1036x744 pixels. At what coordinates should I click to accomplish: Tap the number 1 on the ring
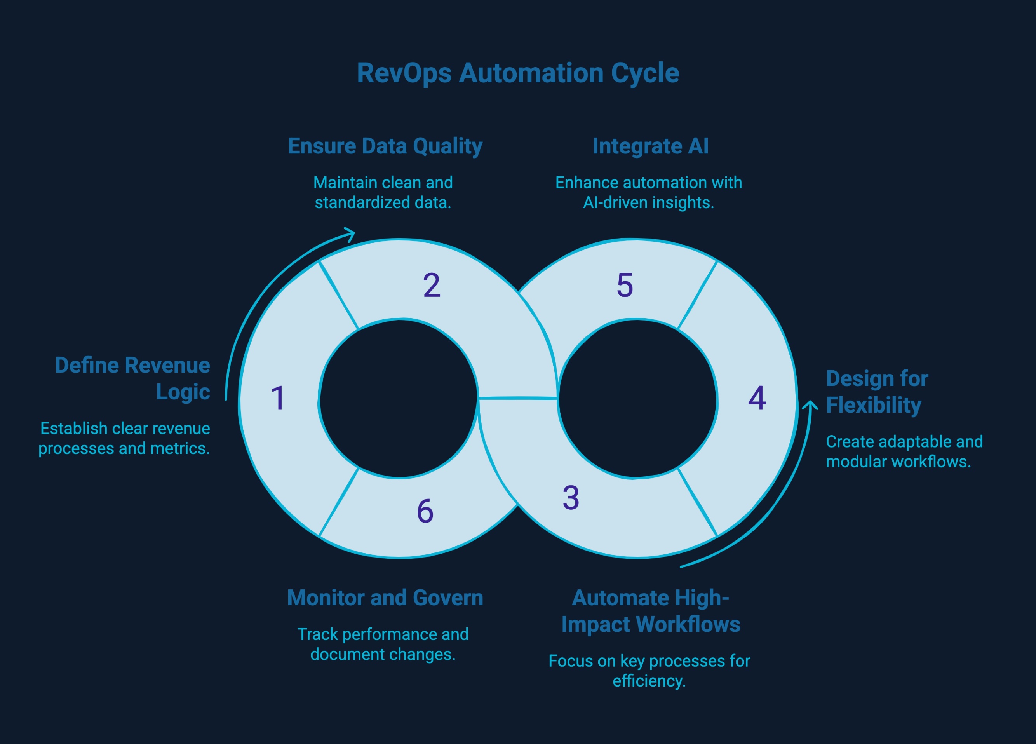(x=278, y=398)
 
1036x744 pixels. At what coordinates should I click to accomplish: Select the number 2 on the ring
(x=432, y=286)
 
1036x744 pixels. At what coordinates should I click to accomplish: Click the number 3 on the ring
(x=571, y=497)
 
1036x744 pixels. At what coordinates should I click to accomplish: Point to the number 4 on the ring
(x=757, y=398)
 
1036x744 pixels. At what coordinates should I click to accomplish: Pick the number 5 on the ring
(x=625, y=286)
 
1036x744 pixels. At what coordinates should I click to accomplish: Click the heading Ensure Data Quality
(x=385, y=146)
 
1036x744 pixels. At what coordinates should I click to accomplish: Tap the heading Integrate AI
(x=651, y=146)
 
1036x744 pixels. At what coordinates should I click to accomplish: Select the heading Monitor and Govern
(x=385, y=598)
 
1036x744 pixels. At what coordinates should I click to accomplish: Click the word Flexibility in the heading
(x=873, y=405)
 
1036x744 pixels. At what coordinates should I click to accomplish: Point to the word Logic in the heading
(x=183, y=392)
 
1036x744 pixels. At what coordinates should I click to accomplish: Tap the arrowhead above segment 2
(x=351, y=234)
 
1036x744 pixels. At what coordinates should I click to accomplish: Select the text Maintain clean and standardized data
(x=383, y=192)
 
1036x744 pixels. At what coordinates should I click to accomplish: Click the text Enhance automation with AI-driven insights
(x=649, y=192)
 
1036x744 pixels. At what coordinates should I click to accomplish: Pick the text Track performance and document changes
(x=383, y=644)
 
